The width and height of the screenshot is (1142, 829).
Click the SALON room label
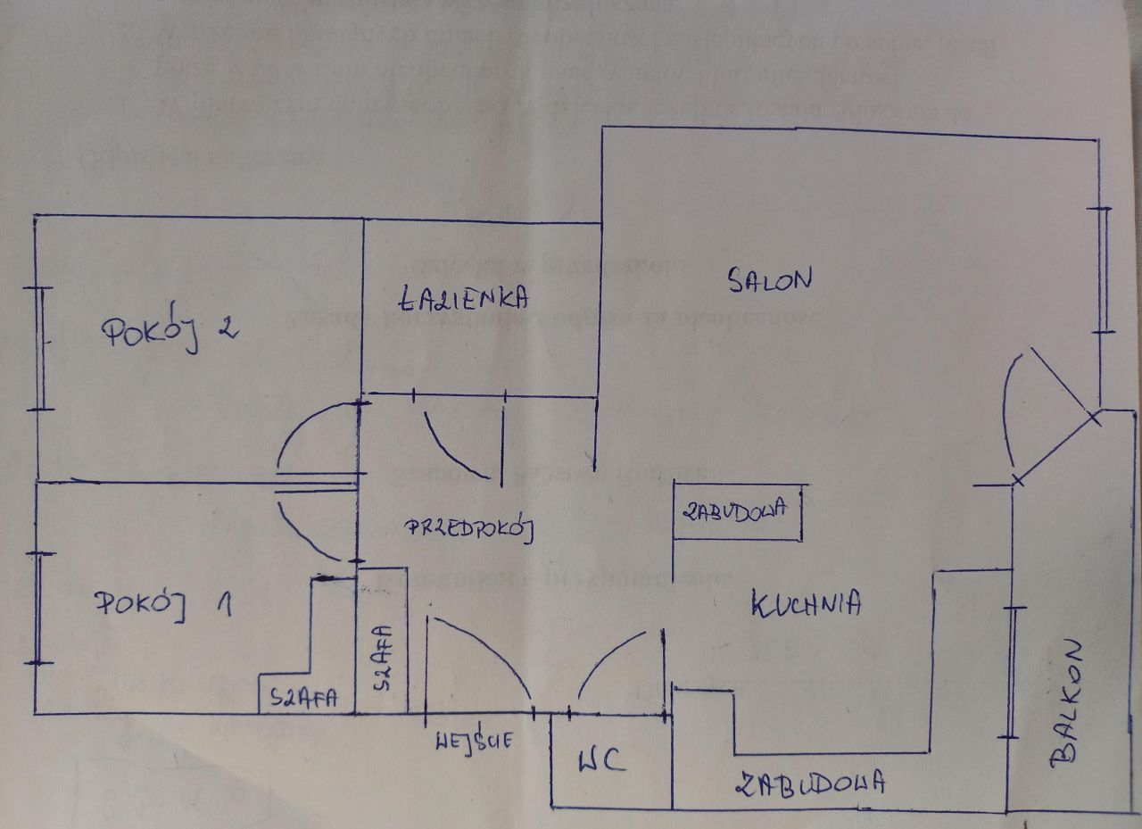pyautogui.click(x=769, y=280)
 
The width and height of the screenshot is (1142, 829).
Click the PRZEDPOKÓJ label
pyautogui.click(x=469, y=528)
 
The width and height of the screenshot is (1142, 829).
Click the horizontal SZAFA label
pyautogui.click(x=304, y=699)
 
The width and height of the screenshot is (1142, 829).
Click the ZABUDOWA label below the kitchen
pyautogui.click(x=810, y=783)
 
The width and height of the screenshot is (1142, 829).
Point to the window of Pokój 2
pyautogui.click(x=41, y=348)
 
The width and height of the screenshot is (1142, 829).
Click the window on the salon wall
pyautogui.click(x=1105, y=269)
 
